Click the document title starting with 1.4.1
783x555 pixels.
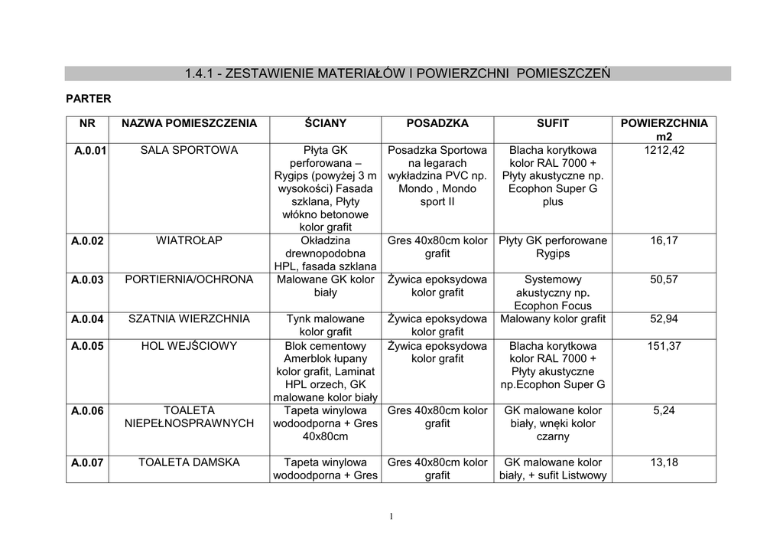398,74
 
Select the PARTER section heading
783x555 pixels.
89,99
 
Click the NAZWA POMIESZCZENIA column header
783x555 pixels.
189,123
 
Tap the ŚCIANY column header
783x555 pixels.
326,123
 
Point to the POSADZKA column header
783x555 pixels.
437,123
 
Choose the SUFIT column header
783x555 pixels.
552,123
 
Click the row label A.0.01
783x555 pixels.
90,150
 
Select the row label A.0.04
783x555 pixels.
87,319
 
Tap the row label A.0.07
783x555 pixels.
87,462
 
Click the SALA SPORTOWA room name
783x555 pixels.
189,150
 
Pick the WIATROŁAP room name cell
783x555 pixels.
189,240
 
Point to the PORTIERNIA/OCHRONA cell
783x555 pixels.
189,279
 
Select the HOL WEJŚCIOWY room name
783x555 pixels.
189,346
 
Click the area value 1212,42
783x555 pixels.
664,150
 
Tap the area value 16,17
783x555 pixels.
664,240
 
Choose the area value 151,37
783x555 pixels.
664,346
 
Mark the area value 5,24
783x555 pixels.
664,410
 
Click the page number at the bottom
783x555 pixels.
391,517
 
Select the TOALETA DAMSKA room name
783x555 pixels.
189,462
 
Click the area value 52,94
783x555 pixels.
664,319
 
